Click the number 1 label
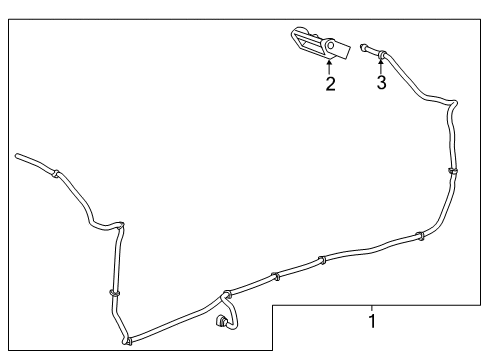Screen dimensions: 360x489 (372, 322)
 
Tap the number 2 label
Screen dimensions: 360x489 (330, 84)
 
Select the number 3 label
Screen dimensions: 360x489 (381, 84)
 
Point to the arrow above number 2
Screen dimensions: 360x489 (330, 66)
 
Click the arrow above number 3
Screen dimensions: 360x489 (381, 66)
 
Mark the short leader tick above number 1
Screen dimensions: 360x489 (372, 307)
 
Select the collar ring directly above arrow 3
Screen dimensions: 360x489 (381, 50)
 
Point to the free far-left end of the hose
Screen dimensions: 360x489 (18, 156)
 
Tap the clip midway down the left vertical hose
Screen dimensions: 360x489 (113, 292)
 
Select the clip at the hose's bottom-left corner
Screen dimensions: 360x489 (127, 341)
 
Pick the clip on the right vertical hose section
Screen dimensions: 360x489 (452, 172)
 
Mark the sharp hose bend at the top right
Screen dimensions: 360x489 (455, 103)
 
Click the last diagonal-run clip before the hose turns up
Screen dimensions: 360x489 (419, 237)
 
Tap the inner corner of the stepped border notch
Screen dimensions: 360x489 (274, 304)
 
